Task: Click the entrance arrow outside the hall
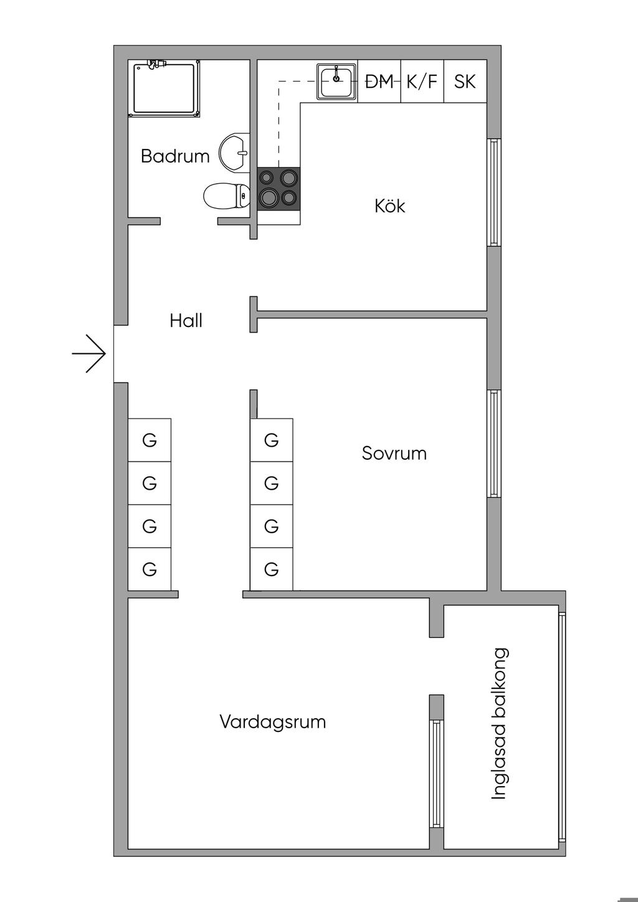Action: pos(90,353)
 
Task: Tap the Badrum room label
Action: pos(175,156)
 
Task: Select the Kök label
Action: pos(390,206)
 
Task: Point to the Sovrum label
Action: pos(394,453)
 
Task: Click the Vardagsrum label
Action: pos(272,722)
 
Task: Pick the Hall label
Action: pos(186,321)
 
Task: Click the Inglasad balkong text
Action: pos(500,724)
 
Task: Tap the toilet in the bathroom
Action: pos(225,197)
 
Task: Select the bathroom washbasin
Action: pos(234,152)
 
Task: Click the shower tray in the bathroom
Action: pos(164,88)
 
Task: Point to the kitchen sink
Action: pos(336,82)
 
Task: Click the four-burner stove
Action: pos(279,188)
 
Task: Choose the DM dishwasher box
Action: pos(379,82)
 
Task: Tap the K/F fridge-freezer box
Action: pos(422,82)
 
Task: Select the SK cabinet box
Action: pos(465,82)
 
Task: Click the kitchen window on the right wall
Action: pos(493,192)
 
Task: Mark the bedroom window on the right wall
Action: pos(493,443)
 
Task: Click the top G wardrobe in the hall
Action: pos(150,440)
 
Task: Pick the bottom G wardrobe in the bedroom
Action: pos(271,569)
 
